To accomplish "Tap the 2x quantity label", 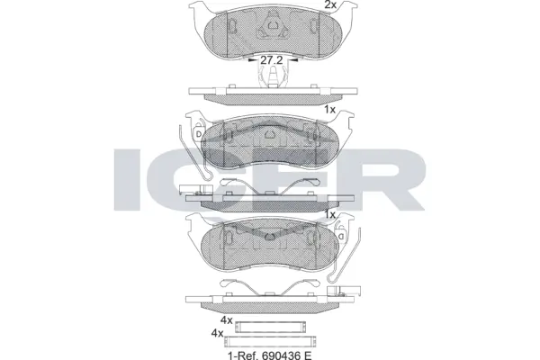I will click(x=330, y=5).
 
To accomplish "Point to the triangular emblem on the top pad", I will click(x=269, y=33).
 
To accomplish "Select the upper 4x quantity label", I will click(x=227, y=320).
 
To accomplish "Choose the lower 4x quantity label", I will click(x=216, y=333).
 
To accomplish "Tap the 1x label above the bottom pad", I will click(x=330, y=216).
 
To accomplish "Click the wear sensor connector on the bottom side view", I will click(x=346, y=292).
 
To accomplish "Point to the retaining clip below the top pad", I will click(x=269, y=79).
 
